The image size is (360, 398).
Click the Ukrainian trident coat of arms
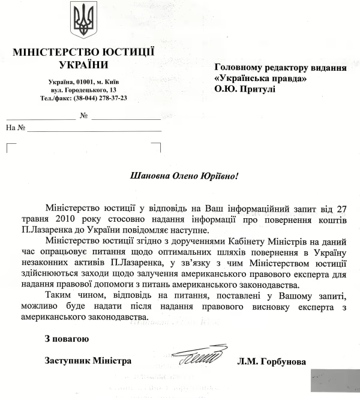point(82,19)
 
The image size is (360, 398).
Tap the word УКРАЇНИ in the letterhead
point(83,65)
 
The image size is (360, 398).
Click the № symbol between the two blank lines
point(84,115)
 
